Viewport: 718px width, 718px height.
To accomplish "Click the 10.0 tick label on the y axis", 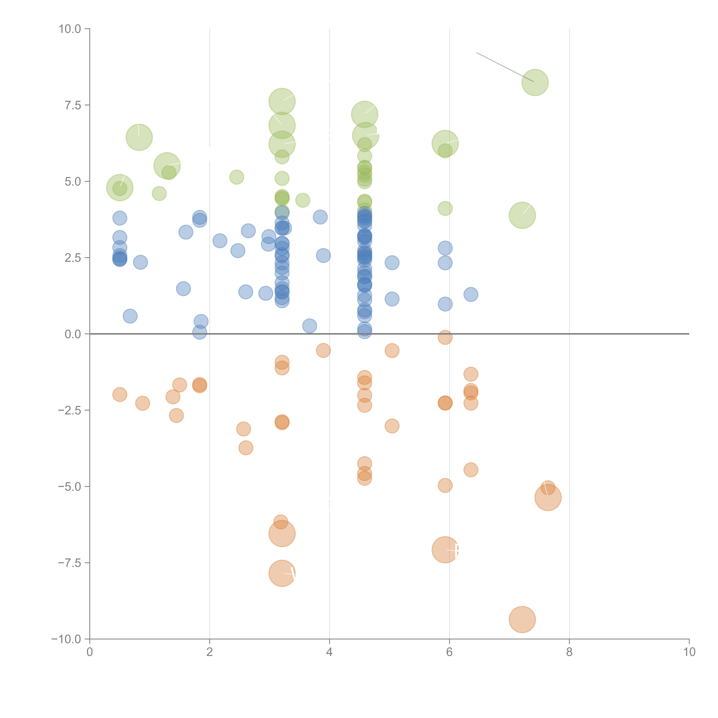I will pos(70,29).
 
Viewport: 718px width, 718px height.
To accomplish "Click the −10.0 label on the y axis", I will pos(66,639).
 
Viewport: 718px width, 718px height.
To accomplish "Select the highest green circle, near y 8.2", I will pos(535,83).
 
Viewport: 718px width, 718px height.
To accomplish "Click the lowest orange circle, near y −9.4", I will pos(522,619).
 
